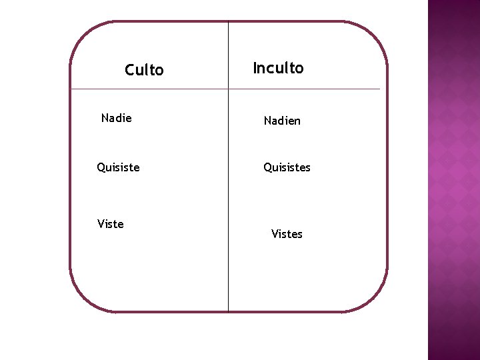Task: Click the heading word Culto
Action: click(x=144, y=70)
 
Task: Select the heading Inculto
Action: click(x=278, y=68)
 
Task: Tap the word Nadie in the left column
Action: click(x=117, y=118)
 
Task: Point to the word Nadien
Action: click(x=282, y=121)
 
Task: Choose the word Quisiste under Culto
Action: click(x=118, y=167)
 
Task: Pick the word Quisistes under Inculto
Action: click(x=287, y=167)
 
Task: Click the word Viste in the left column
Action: click(x=111, y=224)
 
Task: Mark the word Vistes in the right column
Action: click(x=287, y=234)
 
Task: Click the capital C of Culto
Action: click(x=130, y=70)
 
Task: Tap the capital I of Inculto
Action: click(x=255, y=68)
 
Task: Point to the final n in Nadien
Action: click(x=297, y=121)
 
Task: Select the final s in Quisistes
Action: click(x=308, y=168)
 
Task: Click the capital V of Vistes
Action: click(x=275, y=234)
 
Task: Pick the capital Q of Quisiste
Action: click(x=101, y=167)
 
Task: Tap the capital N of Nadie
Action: click(x=105, y=118)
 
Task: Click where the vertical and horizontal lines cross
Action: click(x=228, y=89)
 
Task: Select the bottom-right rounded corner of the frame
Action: click(x=376, y=300)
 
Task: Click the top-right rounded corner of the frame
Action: click(x=376, y=33)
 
